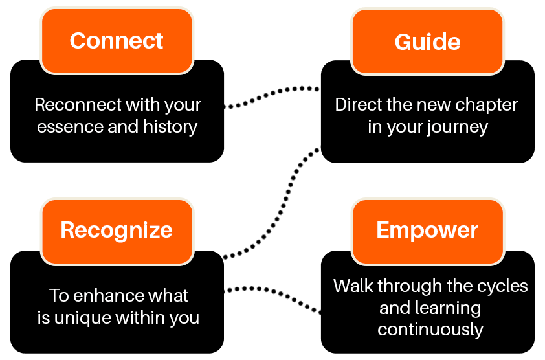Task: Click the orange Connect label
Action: [x=117, y=41]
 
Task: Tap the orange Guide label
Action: [x=427, y=41]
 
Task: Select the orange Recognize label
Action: [x=117, y=231]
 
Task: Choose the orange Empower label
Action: [x=427, y=231]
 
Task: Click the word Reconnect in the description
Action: [x=78, y=105]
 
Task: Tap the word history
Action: [x=170, y=127]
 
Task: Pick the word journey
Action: [x=458, y=128]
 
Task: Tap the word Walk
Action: [x=353, y=286]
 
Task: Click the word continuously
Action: [x=430, y=330]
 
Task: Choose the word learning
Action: [x=447, y=308]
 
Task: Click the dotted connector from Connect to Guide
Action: [x=271, y=94]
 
